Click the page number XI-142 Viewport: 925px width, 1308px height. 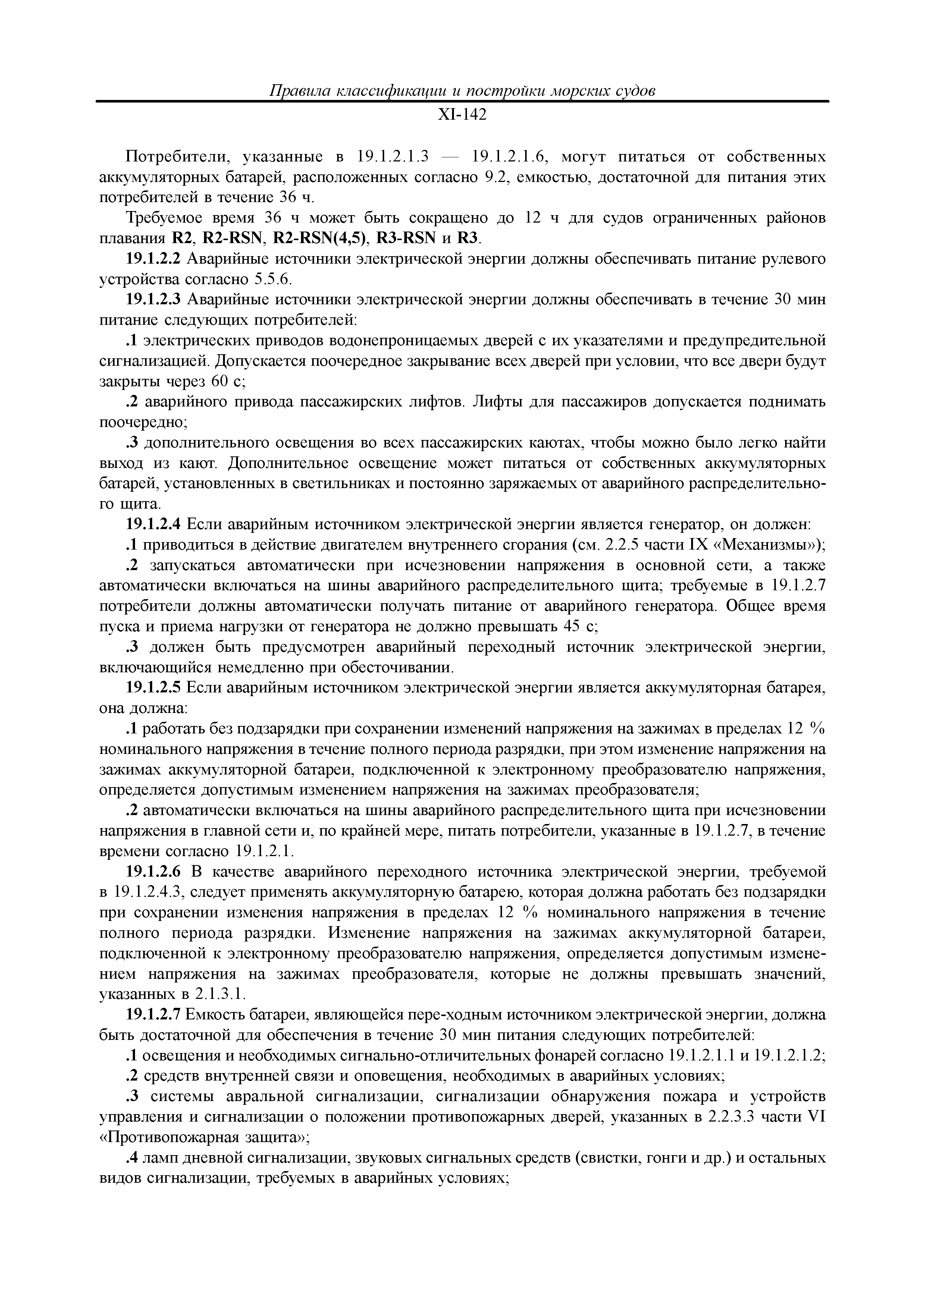(x=462, y=116)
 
